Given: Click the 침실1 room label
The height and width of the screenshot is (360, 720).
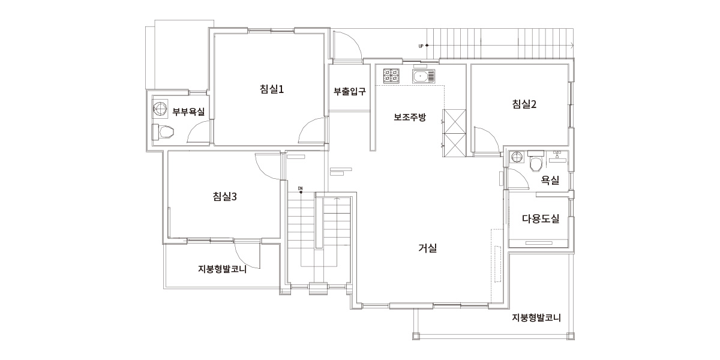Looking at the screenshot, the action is (272, 89).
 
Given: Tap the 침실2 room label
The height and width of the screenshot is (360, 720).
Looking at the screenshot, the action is (524, 104).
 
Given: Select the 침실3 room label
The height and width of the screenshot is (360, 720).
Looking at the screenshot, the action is (224, 196).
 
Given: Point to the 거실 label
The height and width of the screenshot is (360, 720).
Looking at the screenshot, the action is (427, 248).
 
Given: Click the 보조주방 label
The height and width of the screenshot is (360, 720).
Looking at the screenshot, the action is (410, 117).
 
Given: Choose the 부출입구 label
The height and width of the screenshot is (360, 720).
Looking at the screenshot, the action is (350, 91).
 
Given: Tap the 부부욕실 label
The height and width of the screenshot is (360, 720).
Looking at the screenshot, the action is (188, 112).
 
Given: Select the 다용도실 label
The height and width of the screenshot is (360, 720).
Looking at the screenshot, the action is (541, 219).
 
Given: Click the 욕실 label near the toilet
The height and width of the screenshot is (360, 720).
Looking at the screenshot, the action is (550, 180).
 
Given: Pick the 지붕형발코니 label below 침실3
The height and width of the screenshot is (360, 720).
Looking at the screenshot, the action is (222, 269).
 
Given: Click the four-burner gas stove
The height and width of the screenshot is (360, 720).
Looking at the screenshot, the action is (391, 76).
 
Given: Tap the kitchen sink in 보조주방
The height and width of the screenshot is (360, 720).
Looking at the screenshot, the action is (424, 77).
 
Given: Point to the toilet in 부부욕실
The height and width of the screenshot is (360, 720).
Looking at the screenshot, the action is (163, 132).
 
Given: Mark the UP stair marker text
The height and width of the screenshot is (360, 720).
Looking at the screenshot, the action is (421, 46).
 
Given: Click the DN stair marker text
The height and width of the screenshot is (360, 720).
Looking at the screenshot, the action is (300, 188).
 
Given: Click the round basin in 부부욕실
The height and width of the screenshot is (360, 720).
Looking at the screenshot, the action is (160, 108).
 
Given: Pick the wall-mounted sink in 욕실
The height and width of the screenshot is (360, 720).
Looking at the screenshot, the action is (557, 157).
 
